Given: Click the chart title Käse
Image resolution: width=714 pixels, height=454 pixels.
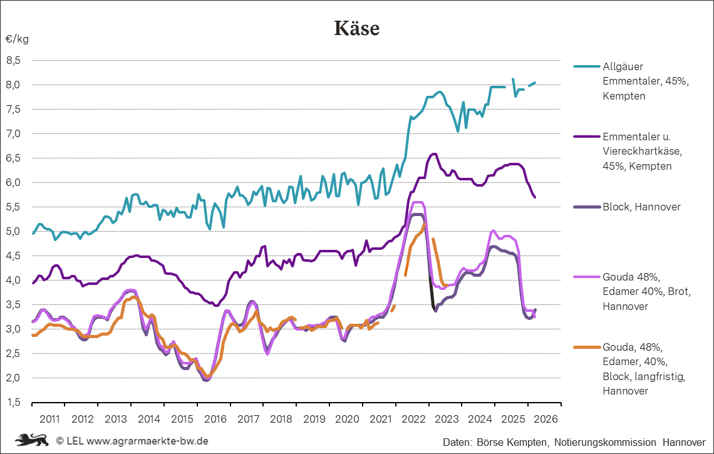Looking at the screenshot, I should click(356, 28).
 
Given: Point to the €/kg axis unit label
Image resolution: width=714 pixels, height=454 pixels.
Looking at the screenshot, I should click(17, 39).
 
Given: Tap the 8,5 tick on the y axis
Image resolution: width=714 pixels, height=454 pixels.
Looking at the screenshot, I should click(14, 60).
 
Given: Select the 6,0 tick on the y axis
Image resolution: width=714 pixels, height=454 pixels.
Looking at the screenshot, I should click(14, 182).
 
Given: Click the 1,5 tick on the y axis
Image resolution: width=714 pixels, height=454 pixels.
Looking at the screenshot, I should click(14, 402).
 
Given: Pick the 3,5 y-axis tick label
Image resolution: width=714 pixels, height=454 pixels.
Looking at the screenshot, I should click(14, 304).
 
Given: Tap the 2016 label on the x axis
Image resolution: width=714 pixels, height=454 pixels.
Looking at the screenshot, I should click(214, 417).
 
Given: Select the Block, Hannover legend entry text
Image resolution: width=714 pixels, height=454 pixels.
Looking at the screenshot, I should click(641, 207).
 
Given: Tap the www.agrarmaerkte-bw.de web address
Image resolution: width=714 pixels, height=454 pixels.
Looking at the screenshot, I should click(147, 441).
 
